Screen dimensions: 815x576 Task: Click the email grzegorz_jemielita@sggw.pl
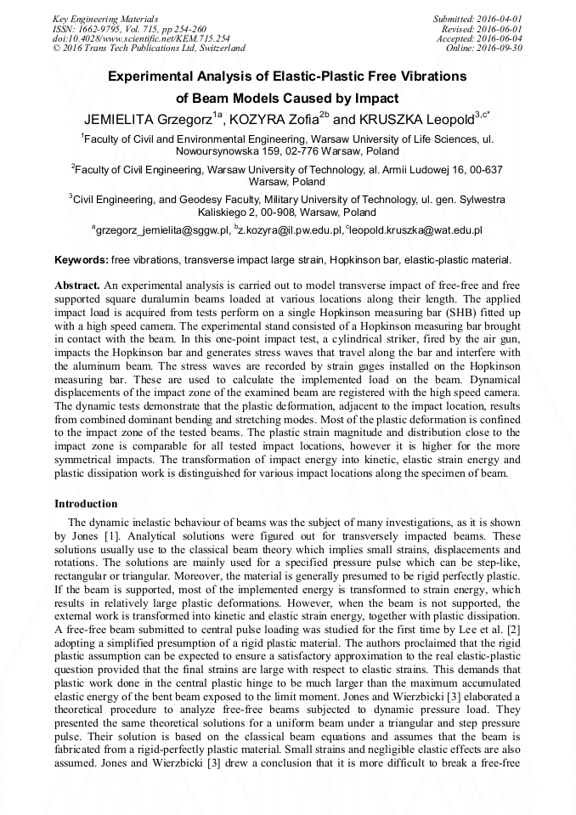point(162,229)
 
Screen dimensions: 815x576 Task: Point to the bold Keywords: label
point(81,259)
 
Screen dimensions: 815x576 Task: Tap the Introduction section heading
point(86,503)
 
